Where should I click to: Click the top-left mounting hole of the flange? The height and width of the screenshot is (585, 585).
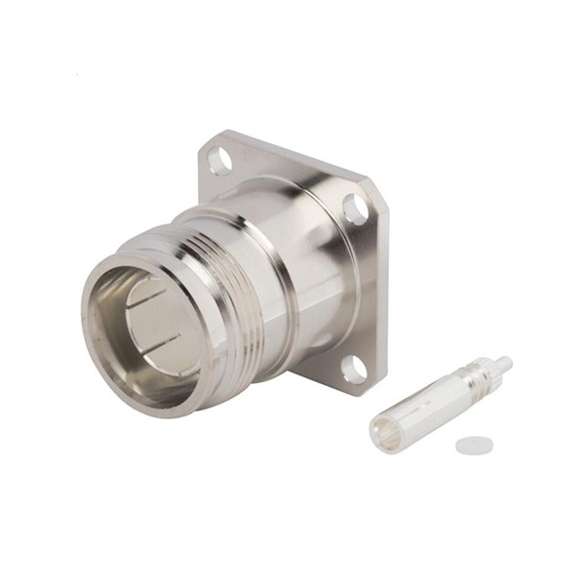(220, 159)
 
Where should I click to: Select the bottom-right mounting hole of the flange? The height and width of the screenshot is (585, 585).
(353, 369)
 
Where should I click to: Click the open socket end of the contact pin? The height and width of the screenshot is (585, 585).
(387, 432)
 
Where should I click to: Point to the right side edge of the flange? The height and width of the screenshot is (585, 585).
(383, 292)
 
